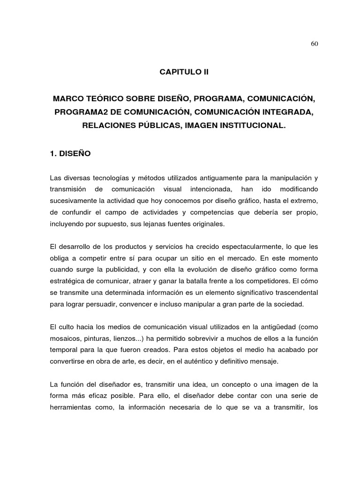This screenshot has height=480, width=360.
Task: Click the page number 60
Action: coord(315,44)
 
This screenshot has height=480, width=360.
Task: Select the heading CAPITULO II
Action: coord(184,73)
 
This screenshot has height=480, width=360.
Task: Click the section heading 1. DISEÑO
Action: coord(70,153)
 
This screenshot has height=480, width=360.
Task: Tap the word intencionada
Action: coord(211,189)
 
